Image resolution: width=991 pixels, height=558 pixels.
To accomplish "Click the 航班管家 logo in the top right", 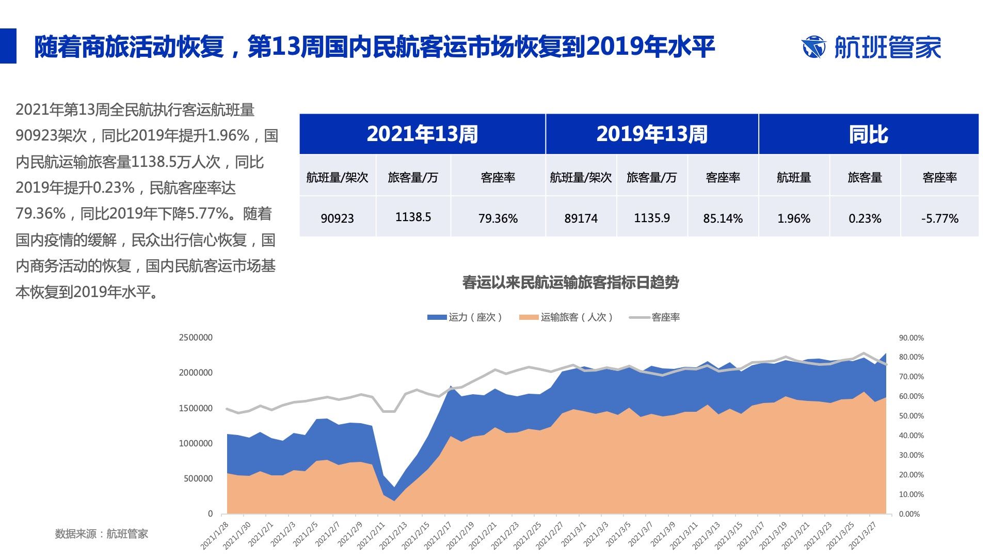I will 871,47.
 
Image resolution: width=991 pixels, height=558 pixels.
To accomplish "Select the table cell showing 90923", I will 337,218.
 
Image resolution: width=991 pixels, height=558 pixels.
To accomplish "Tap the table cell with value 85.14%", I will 723,218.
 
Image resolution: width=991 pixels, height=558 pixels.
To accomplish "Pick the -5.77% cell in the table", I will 939,218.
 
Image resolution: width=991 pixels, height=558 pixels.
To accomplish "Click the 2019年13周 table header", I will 651,134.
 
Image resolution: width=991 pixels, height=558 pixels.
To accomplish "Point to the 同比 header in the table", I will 868,134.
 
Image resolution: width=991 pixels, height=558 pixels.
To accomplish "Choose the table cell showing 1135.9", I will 652,218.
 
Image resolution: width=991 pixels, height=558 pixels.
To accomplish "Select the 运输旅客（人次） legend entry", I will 566,317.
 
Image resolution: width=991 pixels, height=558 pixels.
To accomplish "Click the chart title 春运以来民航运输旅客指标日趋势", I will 570,283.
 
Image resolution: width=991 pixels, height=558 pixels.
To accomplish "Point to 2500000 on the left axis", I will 196,338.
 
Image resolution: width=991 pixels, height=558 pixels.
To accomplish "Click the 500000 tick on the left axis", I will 198,478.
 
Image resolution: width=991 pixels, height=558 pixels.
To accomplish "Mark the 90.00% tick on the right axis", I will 911,338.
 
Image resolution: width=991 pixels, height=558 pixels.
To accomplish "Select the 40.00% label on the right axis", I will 911,436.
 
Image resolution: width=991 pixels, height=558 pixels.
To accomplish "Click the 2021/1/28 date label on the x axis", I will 215,535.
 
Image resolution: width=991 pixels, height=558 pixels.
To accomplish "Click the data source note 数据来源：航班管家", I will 102,534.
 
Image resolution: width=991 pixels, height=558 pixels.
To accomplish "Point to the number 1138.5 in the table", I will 413,217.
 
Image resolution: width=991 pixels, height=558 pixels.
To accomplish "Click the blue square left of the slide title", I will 8,45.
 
